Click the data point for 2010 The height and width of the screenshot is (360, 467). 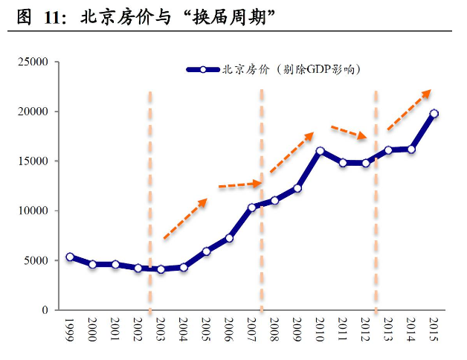coord(321,151)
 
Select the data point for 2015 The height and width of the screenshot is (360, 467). coord(434,114)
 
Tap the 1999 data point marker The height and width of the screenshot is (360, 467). coord(70,257)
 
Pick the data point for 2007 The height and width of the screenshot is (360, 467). coord(252,208)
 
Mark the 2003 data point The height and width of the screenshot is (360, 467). coord(161,269)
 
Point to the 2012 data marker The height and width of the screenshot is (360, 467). coord(366,163)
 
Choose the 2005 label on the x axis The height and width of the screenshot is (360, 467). coord(206,330)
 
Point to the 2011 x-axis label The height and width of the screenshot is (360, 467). coord(343,330)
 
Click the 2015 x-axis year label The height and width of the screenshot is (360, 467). coord(434,330)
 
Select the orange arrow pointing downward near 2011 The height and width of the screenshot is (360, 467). coord(349,132)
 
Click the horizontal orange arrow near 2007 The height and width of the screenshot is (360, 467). coord(239,184)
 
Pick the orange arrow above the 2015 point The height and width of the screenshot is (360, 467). coord(408,110)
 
